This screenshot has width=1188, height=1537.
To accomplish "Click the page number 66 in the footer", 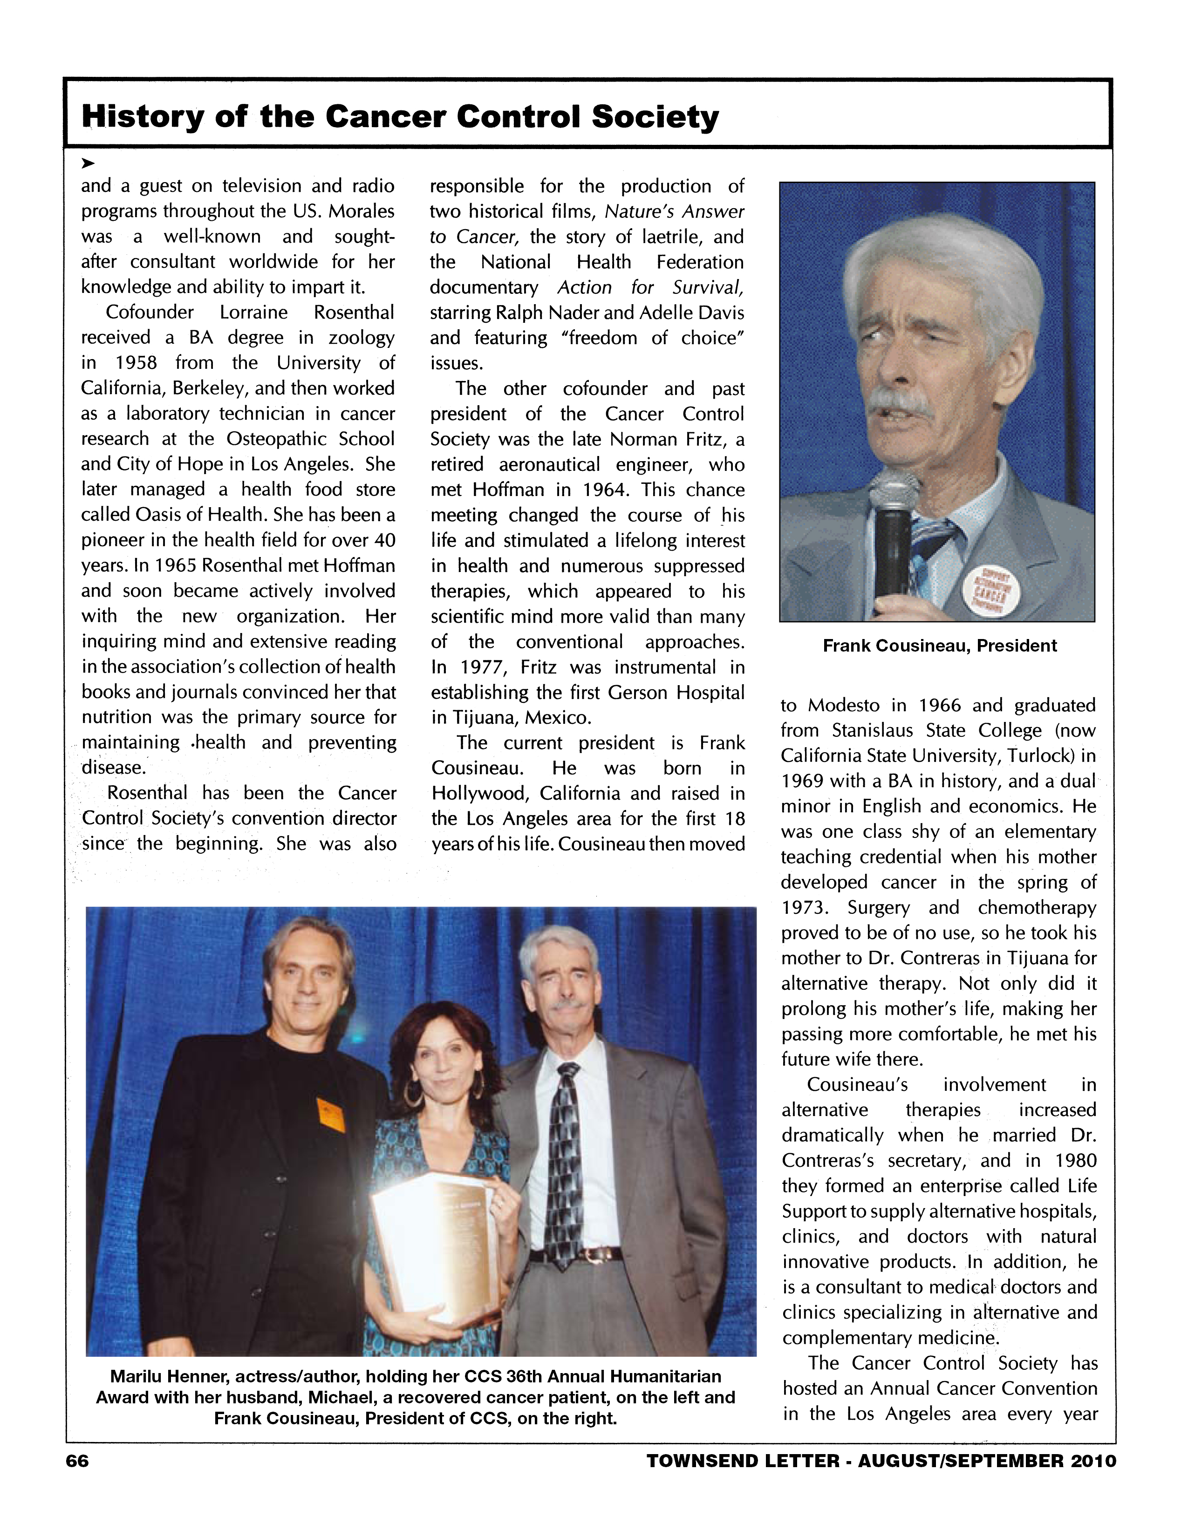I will pos(77,1462).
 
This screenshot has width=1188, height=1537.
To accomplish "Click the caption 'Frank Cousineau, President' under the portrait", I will pos(940,646).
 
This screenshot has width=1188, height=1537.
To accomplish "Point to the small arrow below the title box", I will pos(87,163).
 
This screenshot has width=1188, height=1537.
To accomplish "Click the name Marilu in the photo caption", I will pos(135,1376).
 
